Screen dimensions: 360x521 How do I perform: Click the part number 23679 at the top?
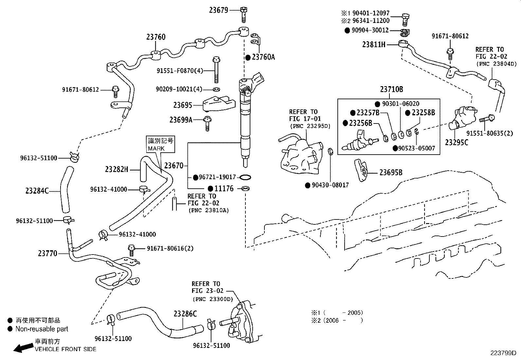pos(219,10)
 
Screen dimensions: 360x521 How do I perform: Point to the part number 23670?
pos(174,166)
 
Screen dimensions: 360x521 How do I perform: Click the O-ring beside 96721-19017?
pos(245,177)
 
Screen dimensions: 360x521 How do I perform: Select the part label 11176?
pos(224,189)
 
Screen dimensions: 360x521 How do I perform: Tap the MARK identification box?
pos(161,144)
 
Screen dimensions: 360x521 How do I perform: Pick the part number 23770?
pos(48,253)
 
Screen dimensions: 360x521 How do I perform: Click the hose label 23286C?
pos(185,314)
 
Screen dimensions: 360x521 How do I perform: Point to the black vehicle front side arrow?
pos(23,348)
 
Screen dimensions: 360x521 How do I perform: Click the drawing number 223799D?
pos(503,353)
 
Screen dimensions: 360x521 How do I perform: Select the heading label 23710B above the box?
pos(391,89)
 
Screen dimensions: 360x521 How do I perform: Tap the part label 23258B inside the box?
pos(423,113)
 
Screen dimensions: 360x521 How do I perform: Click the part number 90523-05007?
pos(417,148)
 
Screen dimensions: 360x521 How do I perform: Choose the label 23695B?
pos(391,173)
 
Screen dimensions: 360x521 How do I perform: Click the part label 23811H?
pos(374,45)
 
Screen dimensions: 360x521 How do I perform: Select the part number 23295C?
pos(457,142)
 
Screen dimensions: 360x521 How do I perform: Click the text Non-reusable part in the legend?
pos(42,329)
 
